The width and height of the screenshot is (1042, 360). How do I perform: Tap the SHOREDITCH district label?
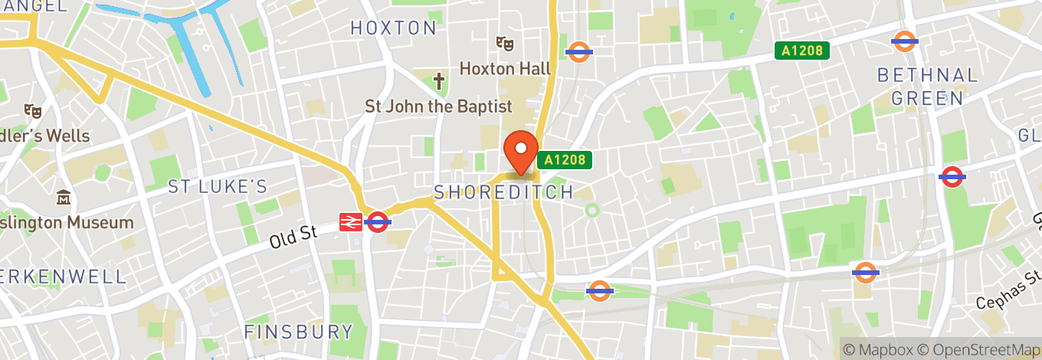point(503,191)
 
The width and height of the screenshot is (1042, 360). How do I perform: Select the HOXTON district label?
point(394,28)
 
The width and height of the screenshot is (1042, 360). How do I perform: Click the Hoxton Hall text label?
point(505,68)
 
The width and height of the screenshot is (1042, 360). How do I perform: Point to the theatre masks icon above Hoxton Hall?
point(503,43)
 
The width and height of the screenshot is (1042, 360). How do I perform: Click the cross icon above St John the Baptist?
point(439,80)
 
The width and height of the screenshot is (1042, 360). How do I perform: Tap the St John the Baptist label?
point(438,106)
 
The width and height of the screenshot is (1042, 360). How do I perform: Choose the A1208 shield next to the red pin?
point(565,160)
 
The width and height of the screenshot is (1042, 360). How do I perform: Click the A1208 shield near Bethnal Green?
point(802,51)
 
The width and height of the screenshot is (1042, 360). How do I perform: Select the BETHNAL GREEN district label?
point(928,87)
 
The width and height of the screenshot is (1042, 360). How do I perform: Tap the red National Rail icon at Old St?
point(351,222)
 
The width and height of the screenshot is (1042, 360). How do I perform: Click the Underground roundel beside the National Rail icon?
point(378,222)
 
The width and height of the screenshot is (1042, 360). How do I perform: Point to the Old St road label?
point(293,237)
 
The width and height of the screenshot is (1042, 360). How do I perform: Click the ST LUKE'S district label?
point(218,186)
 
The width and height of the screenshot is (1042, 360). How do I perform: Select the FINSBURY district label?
point(299,332)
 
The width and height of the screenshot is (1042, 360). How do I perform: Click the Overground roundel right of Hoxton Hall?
point(579,51)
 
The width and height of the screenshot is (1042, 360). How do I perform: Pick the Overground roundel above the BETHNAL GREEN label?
point(905,41)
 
